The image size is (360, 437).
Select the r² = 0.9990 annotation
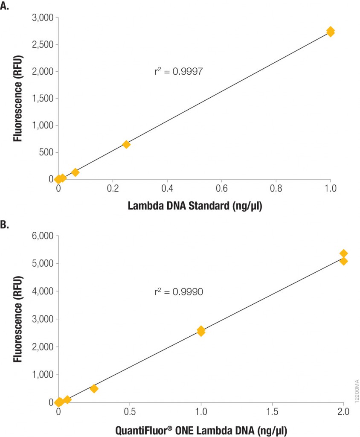click(x=178, y=292)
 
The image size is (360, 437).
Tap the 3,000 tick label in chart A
click(x=42, y=17)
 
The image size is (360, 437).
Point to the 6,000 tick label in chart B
click(x=42, y=236)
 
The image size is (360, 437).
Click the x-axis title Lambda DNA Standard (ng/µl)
click(x=195, y=207)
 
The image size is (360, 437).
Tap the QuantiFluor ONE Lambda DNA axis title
click(x=204, y=428)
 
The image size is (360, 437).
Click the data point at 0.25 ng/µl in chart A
click(x=126, y=145)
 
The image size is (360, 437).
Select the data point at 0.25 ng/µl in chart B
click(x=94, y=388)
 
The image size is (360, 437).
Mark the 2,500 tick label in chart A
click(x=42, y=44)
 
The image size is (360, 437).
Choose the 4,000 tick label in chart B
click(x=42, y=291)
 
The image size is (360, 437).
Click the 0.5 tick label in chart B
click(x=130, y=412)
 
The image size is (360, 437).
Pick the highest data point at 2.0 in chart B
click(x=343, y=253)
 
